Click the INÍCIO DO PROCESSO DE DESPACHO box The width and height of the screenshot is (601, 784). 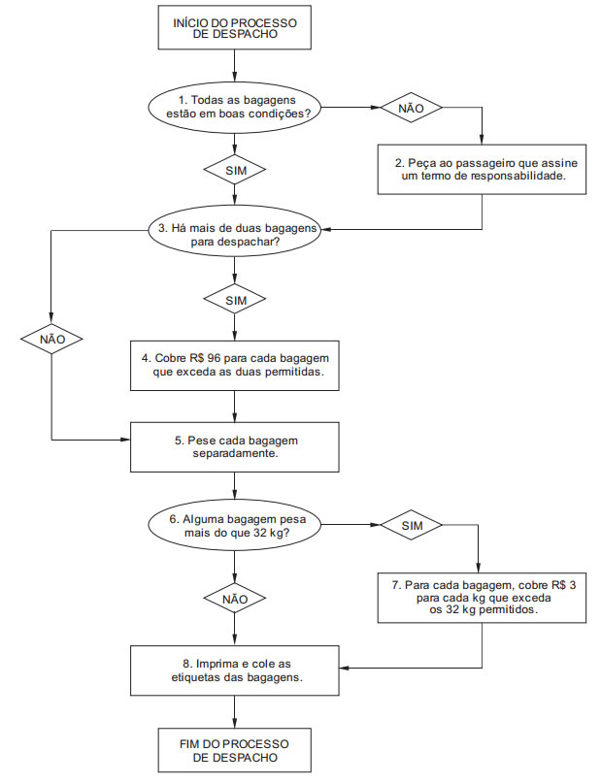click(235, 27)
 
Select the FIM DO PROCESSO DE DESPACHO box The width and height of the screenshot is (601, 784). click(235, 750)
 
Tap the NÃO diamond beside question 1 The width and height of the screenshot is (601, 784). click(412, 108)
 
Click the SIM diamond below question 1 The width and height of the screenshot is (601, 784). click(235, 170)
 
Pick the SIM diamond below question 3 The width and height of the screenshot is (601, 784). click(235, 300)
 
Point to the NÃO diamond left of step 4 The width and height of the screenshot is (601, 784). click(52, 339)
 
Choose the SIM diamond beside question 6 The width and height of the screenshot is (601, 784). click(412, 525)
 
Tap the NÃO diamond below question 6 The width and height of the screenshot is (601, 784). click(235, 599)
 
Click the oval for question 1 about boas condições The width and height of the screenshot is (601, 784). click(235, 107)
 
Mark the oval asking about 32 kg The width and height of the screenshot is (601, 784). click(235, 526)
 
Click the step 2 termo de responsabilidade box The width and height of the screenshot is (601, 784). click(482, 170)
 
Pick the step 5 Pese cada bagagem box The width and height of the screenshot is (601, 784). click(235, 447)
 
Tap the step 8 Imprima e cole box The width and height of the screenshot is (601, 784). click(235, 670)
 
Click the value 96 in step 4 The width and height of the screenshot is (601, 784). click(214, 358)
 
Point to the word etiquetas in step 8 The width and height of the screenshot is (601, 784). click(192, 677)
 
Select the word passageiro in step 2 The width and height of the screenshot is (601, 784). click(476, 163)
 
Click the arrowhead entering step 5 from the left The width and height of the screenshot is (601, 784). click(126, 440)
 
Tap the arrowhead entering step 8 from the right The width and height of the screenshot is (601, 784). click(344, 668)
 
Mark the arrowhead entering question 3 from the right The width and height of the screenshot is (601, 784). click(326, 230)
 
